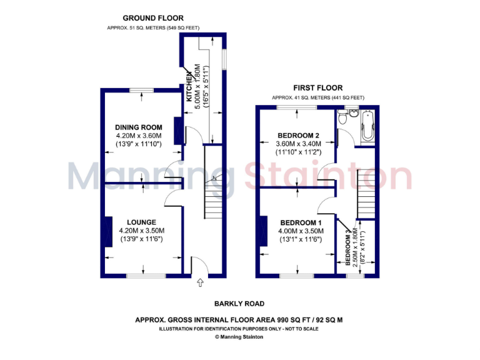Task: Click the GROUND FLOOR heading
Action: [x=153, y=18]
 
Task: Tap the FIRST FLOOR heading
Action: [x=317, y=87]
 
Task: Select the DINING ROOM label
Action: [x=138, y=127]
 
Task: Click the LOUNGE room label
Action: [x=141, y=222]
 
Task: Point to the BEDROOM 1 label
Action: [x=301, y=222]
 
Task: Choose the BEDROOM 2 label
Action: [x=298, y=136]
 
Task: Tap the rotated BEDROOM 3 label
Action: [x=348, y=248]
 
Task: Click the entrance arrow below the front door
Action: [x=201, y=283]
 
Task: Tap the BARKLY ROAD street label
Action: [x=239, y=304]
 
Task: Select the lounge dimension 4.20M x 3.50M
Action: [x=141, y=231]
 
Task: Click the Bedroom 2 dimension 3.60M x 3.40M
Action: [x=298, y=144]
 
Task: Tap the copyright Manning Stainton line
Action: [x=239, y=337]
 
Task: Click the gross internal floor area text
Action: [x=239, y=320]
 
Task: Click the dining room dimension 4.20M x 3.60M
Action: [x=138, y=136]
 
